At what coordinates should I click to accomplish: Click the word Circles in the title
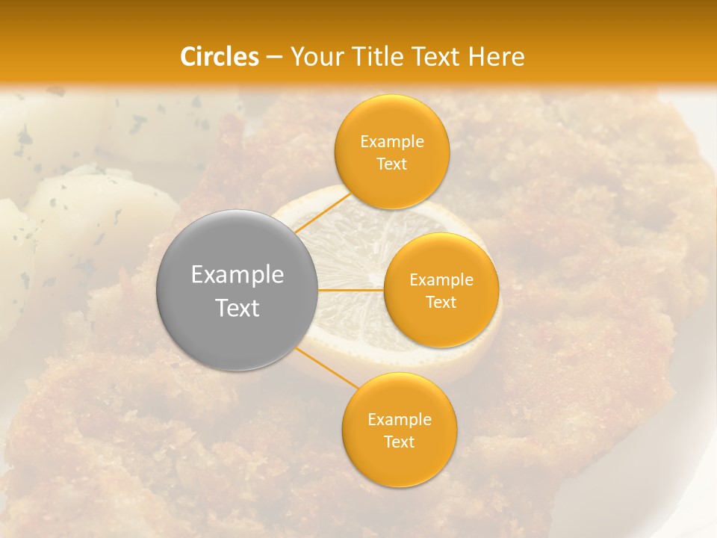(x=220, y=57)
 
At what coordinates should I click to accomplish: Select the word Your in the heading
(x=314, y=57)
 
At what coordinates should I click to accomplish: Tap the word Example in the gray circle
(x=237, y=275)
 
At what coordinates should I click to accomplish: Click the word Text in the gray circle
(x=237, y=308)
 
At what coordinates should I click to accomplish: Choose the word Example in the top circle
(x=391, y=142)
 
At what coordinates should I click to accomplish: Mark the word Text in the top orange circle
(x=391, y=164)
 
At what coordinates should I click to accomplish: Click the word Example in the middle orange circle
(x=441, y=280)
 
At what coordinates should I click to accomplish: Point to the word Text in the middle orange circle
(x=441, y=302)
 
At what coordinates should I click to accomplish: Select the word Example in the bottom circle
(x=399, y=420)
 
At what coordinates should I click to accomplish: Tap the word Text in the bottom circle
(x=399, y=442)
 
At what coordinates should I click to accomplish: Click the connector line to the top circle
(x=323, y=212)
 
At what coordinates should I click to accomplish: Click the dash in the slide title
(x=273, y=57)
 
